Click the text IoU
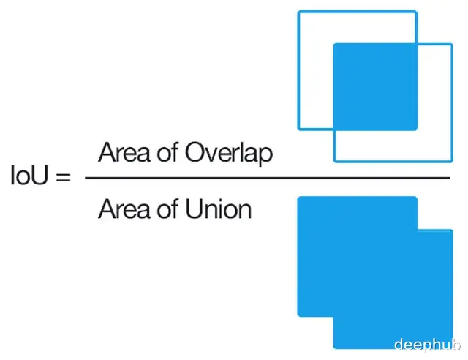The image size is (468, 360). (29, 176)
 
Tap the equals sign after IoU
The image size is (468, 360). (64, 177)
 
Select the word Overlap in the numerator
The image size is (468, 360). (229, 153)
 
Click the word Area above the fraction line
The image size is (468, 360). (124, 152)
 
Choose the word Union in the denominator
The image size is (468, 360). (219, 209)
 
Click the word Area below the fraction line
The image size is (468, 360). (124, 209)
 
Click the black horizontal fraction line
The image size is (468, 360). (268, 178)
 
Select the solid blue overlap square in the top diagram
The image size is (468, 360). (375, 87)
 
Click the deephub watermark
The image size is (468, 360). (427, 345)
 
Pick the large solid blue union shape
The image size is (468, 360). (375, 272)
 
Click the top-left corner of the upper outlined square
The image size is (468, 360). (298, 12)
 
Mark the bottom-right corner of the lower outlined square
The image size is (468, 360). (452, 162)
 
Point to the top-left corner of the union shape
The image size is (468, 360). (298, 197)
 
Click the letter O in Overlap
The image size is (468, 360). (195, 153)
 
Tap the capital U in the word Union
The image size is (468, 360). (193, 209)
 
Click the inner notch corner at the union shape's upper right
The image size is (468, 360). (418, 230)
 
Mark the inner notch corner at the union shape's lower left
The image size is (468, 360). (333, 316)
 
